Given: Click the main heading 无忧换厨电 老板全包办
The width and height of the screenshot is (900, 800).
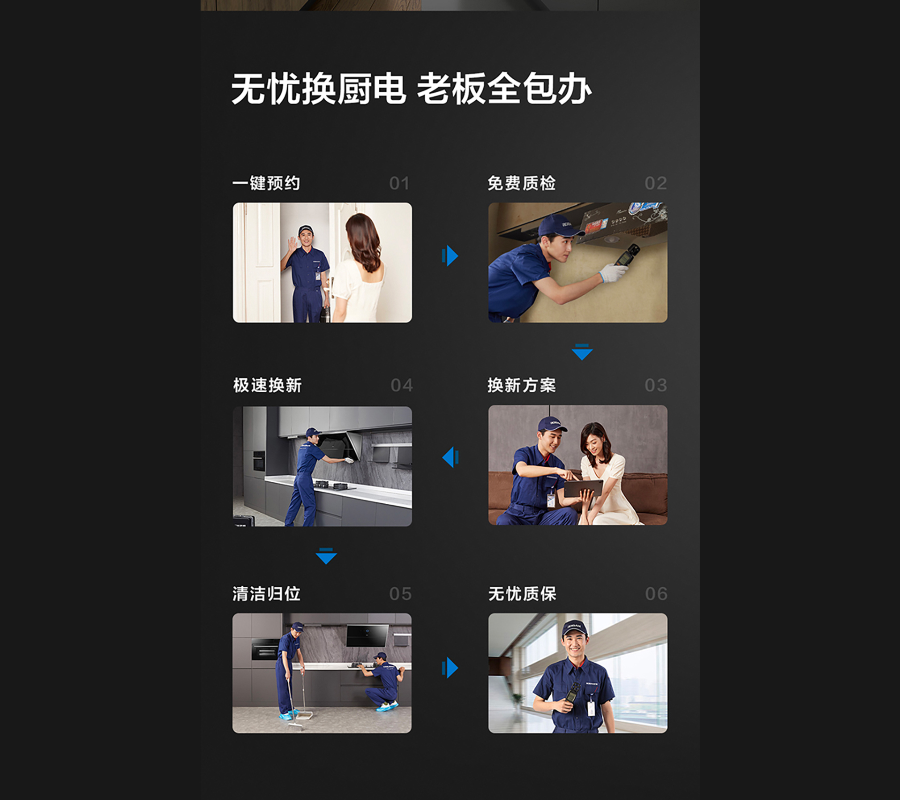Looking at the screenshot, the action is point(411,89).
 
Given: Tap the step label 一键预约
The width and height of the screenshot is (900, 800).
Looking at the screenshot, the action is point(266,183).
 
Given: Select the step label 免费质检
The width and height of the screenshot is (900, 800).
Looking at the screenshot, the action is point(522,183).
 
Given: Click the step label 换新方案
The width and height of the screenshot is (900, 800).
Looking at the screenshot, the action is point(522,385).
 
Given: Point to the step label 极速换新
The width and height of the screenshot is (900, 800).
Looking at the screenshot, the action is point(267,385).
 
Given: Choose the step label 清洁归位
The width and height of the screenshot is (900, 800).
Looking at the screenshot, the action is point(266,594).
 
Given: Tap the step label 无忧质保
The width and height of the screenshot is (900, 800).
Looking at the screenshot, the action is point(522,594).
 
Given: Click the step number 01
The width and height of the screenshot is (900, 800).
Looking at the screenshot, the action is point(399,183).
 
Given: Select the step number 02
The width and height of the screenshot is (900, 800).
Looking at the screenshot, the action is point(656,183).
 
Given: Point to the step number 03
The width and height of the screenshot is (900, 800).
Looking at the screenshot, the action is point(656,385).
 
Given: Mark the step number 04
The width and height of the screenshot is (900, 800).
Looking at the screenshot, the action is point(402,385).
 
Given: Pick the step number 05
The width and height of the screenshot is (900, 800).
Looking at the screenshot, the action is point(400,594).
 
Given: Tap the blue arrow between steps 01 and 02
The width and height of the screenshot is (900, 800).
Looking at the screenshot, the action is point(450,255).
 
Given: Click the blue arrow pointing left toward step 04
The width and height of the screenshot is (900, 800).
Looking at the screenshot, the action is point(450,457).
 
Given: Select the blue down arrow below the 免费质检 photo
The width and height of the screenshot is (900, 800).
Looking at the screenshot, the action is point(582,352).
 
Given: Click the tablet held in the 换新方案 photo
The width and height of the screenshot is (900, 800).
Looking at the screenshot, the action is point(583,488).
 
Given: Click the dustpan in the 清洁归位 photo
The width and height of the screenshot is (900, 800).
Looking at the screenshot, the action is point(305,714).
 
